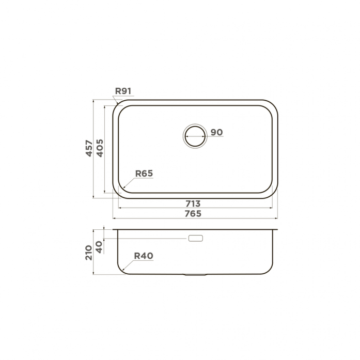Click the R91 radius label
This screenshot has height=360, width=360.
click(123, 91)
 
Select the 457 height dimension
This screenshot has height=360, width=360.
click(89, 148)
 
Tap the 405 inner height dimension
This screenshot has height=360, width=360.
click(100, 148)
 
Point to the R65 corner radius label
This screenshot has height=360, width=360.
click(144, 174)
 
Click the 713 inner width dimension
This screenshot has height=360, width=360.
click(193, 204)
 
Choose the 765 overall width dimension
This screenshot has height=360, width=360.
click(193, 213)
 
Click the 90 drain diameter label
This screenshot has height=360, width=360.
click(216, 132)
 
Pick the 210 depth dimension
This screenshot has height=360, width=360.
click(89, 253)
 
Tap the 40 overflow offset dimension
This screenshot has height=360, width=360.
click(99, 247)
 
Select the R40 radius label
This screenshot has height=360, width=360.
click(144, 256)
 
